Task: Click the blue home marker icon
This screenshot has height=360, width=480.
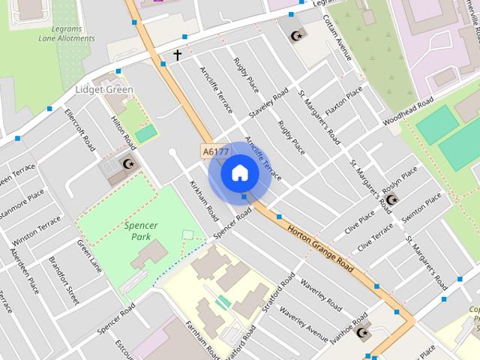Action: [x=239, y=173]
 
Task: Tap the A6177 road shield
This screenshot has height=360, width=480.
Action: [x=215, y=151]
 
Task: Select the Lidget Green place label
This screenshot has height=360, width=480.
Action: [x=104, y=90]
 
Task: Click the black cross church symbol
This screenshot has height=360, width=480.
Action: [x=178, y=55]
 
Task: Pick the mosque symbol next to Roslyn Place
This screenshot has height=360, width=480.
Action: [x=391, y=199]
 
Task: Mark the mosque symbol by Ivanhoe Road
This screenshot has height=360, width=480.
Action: [x=364, y=333]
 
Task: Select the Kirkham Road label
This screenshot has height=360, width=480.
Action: [x=203, y=199]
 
